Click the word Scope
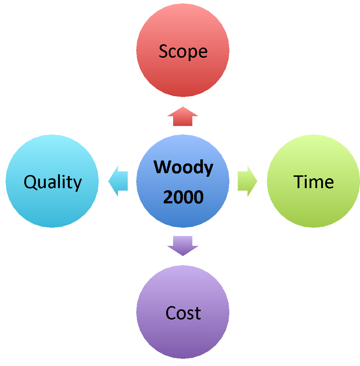(183, 52)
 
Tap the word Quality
(53, 182)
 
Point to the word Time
(314, 182)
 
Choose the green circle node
(314, 207)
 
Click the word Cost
(183, 313)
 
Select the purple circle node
(183, 338)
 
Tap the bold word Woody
(183, 168)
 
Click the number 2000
(183, 197)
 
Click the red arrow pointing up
(183, 117)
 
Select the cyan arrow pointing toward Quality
(118, 181)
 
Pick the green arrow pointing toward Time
(247, 181)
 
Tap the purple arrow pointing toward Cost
(183, 245)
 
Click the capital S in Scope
(164, 52)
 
